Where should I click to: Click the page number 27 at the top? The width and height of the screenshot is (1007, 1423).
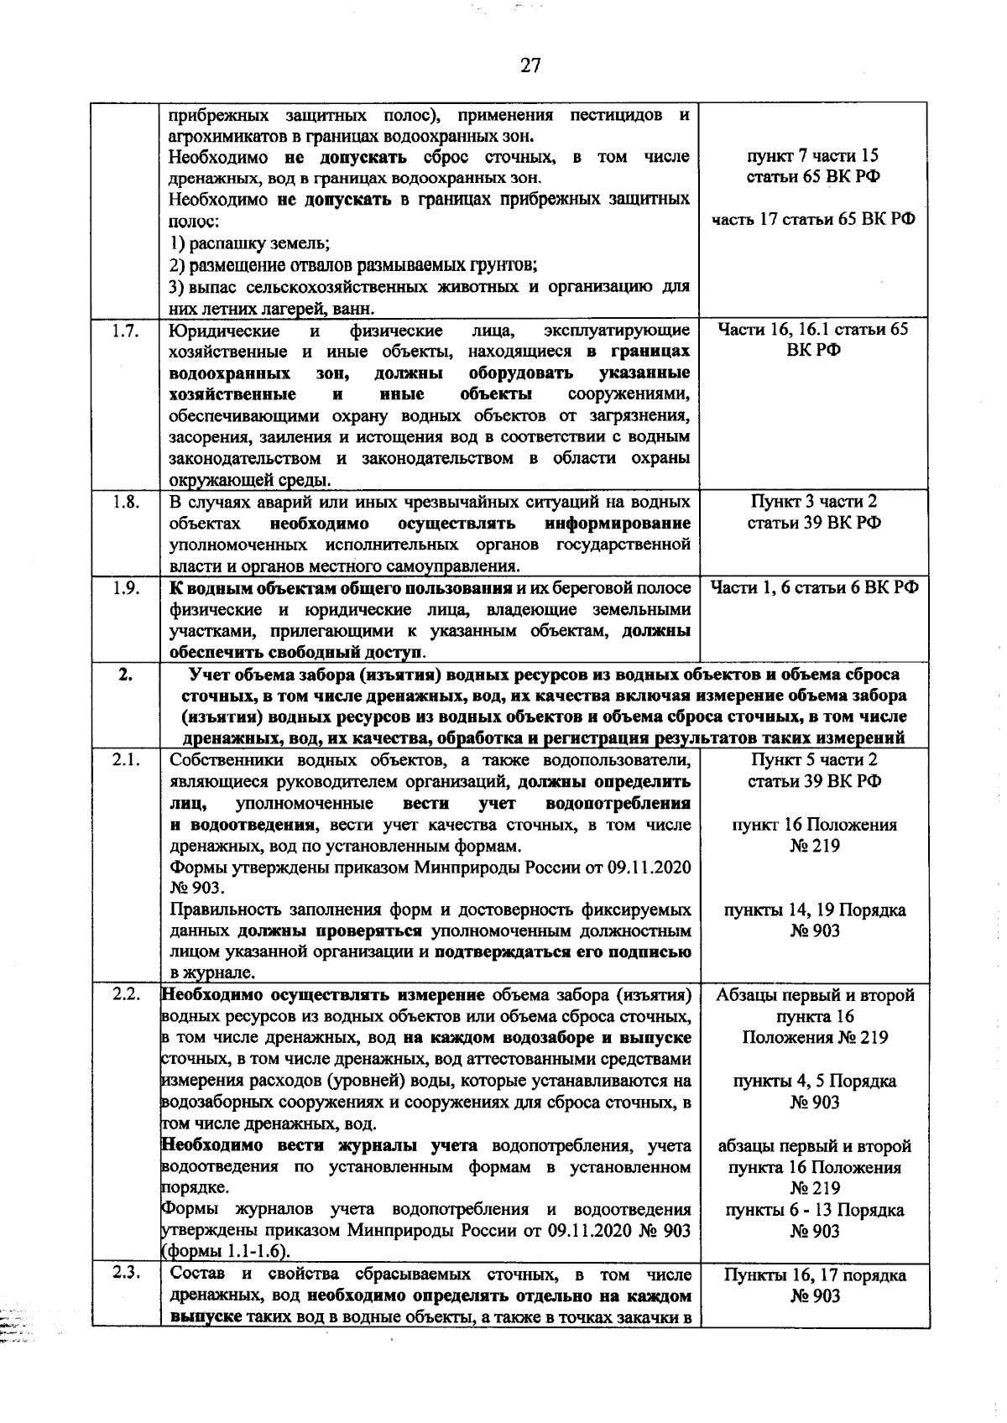pyautogui.click(x=530, y=66)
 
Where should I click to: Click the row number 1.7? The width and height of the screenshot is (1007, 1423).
pyautogui.click(x=125, y=330)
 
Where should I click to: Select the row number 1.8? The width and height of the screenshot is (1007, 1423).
pyautogui.click(x=125, y=502)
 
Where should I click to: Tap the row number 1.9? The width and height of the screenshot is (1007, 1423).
pyautogui.click(x=125, y=588)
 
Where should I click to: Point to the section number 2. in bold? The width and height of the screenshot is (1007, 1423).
pyautogui.click(x=125, y=675)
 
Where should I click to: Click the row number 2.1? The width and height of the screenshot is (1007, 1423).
pyautogui.click(x=125, y=761)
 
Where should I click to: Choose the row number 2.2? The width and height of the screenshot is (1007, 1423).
pyautogui.click(x=125, y=996)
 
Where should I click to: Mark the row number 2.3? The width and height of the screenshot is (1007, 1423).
pyautogui.click(x=125, y=1275)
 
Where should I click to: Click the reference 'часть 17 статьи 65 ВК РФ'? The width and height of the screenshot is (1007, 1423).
pyautogui.click(x=813, y=220)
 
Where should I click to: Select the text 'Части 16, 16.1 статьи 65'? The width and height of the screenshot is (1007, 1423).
pyautogui.click(x=813, y=330)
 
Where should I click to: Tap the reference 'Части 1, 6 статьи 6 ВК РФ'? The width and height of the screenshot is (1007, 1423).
pyautogui.click(x=813, y=588)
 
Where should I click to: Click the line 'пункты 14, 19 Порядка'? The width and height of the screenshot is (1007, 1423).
pyautogui.click(x=813, y=910)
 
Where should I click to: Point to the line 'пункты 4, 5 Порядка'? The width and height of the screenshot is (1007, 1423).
pyautogui.click(x=813, y=1082)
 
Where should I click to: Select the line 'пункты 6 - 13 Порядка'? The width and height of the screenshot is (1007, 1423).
pyautogui.click(x=813, y=1211)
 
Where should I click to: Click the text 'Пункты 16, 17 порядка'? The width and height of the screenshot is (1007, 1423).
pyautogui.click(x=813, y=1275)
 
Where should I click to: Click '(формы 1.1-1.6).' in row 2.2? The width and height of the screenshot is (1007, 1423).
pyautogui.click(x=225, y=1253)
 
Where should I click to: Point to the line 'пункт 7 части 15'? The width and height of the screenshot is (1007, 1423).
pyautogui.click(x=813, y=156)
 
